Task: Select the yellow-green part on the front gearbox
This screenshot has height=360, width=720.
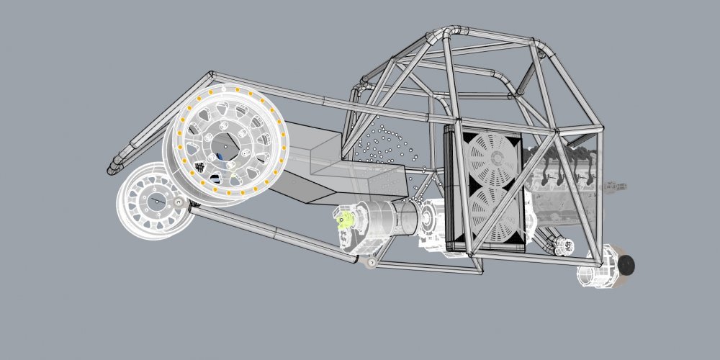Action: (x=346, y=219)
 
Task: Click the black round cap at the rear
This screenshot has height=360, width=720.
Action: (x=626, y=265)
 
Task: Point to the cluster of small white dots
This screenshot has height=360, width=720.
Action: (x=389, y=148)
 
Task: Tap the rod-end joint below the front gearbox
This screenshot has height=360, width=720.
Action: (x=371, y=263)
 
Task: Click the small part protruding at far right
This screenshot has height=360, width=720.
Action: (x=619, y=186)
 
